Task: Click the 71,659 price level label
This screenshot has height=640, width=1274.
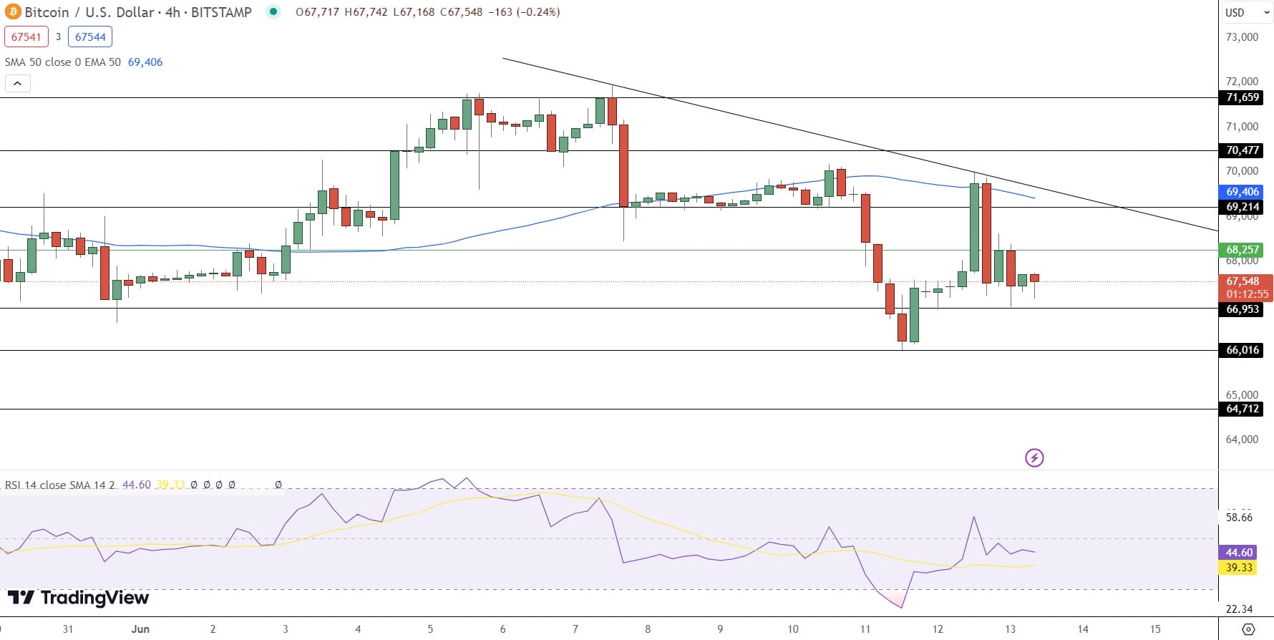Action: point(1242,97)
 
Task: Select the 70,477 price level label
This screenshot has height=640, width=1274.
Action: point(1242,150)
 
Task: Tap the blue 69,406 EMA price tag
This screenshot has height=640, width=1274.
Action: point(1242,192)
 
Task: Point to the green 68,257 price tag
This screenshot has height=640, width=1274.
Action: point(1242,250)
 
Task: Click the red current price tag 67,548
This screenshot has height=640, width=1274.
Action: point(1242,282)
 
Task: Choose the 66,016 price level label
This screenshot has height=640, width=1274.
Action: point(1242,350)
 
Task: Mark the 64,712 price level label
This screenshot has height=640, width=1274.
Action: point(1242,409)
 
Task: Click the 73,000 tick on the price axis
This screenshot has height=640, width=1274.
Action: point(1242,37)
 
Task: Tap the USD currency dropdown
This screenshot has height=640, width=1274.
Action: point(1246,12)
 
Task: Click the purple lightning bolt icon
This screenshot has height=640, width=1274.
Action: point(1034,457)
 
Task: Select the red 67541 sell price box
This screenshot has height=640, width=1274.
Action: point(26,37)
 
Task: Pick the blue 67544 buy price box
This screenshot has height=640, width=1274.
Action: point(90,37)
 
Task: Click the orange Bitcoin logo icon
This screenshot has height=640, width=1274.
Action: point(13,12)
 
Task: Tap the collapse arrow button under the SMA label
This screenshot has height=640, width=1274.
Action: point(18,83)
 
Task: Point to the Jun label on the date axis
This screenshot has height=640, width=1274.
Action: point(140,629)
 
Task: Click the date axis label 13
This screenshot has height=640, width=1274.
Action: point(1010,629)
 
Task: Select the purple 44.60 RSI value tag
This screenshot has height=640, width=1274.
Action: point(1239,553)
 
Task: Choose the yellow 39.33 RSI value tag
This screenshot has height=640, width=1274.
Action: point(1239,568)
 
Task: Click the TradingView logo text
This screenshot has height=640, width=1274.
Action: point(79,598)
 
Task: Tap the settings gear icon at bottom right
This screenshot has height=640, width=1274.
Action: point(1248,629)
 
